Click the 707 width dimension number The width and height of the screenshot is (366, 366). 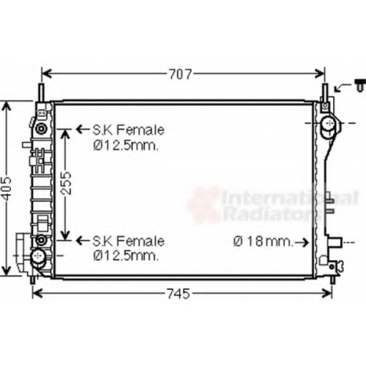[181, 74]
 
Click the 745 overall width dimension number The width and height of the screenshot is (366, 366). [179, 294]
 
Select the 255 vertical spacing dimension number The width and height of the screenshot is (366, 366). [66, 183]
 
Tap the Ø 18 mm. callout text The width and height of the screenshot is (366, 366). [263, 242]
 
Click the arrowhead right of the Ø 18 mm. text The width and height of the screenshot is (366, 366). [305, 242]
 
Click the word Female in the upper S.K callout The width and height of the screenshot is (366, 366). [141, 130]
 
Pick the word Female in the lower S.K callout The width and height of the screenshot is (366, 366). [141, 242]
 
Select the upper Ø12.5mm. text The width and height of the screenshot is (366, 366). [126, 145]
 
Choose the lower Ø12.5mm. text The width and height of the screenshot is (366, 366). [126, 255]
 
